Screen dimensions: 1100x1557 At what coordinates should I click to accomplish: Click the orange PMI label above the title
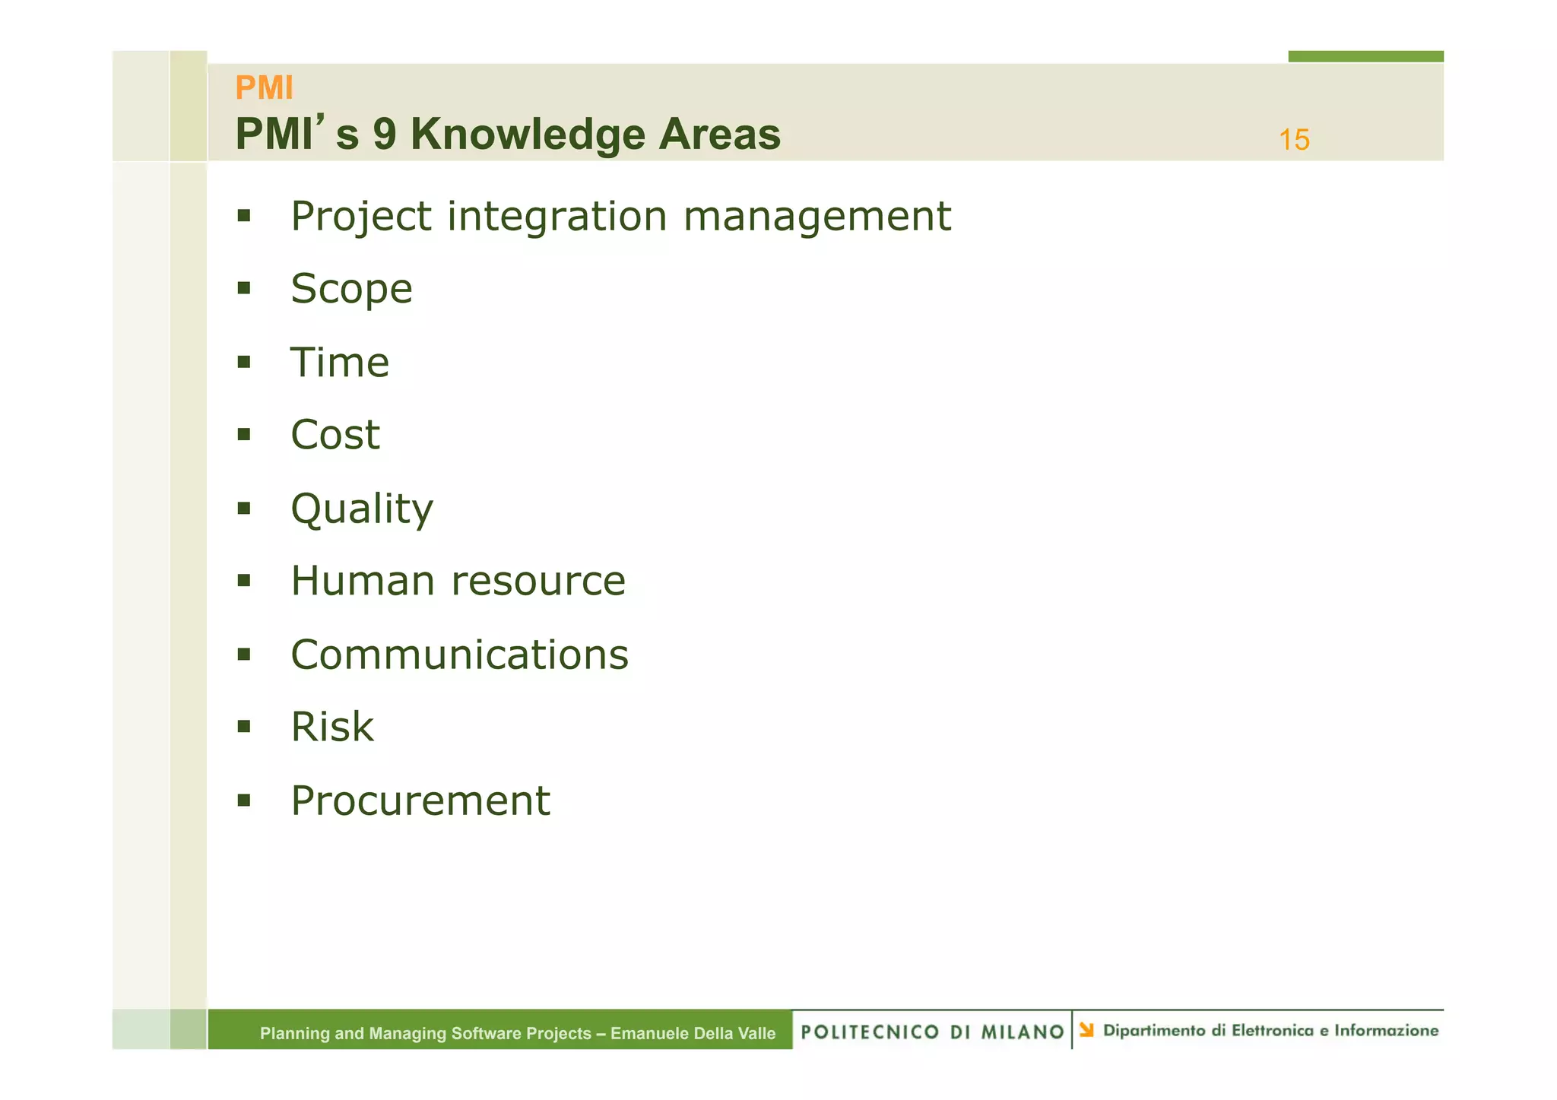[264, 88]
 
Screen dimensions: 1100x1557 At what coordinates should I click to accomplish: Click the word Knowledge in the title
[528, 135]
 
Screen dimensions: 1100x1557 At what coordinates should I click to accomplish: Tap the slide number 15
[1294, 140]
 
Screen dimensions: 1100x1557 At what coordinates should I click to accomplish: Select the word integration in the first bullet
[557, 217]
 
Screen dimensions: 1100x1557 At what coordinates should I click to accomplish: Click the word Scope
[351, 290]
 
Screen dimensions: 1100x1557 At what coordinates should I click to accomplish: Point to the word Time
[340, 363]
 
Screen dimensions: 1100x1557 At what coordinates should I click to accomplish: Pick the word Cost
[335, 435]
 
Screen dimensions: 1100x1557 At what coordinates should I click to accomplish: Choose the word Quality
[362, 509]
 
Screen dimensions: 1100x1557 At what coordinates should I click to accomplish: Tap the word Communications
[460, 655]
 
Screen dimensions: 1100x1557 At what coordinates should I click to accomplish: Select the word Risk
[332, 727]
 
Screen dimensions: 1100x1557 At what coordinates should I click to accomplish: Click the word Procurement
[420, 800]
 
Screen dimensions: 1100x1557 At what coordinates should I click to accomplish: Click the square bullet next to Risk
[243, 727]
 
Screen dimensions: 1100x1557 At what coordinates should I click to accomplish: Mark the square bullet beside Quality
[243, 508]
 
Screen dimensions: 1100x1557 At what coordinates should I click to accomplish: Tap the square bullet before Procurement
[243, 800]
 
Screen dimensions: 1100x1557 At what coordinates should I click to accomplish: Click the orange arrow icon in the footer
[1086, 1030]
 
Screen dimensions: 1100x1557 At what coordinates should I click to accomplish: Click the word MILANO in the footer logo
[1023, 1032]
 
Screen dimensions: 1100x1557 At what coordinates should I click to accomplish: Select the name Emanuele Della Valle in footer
[693, 1033]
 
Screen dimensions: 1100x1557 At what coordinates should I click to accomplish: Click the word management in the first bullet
[817, 217]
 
